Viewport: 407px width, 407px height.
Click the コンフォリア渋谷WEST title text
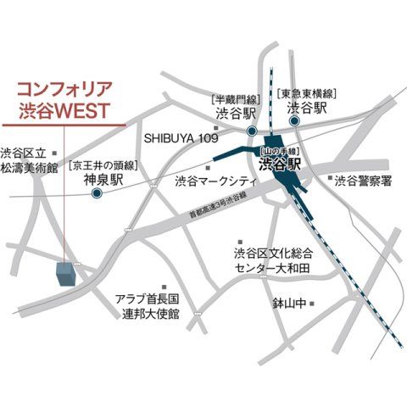(x=64, y=99)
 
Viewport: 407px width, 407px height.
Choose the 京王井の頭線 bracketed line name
(x=104, y=164)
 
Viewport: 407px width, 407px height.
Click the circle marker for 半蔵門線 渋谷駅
(x=252, y=131)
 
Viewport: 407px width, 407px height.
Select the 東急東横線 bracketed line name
(x=308, y=93)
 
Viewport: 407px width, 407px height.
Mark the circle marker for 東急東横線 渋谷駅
(x=295, y=121)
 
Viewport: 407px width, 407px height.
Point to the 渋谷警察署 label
(x=363, y=181)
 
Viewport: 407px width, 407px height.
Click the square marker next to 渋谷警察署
(x=330, y=178)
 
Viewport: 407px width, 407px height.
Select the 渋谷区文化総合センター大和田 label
(x=273, y=260)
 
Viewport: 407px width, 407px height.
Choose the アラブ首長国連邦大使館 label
(x=149, y=306)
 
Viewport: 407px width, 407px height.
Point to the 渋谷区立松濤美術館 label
(x=28, y=160)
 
